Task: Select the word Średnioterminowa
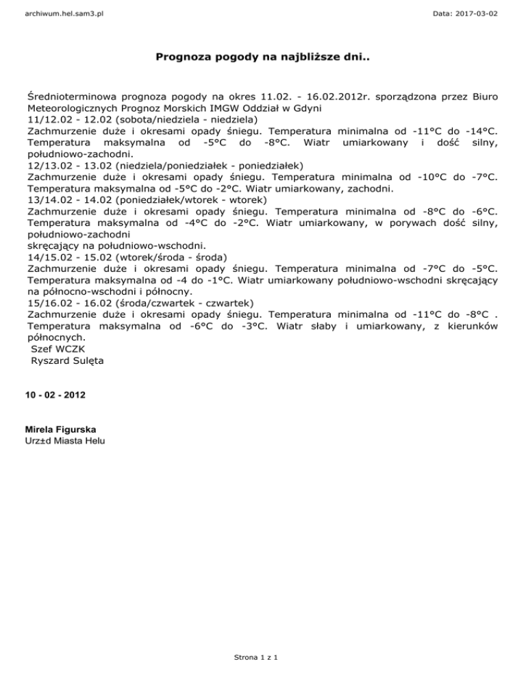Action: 79,95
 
